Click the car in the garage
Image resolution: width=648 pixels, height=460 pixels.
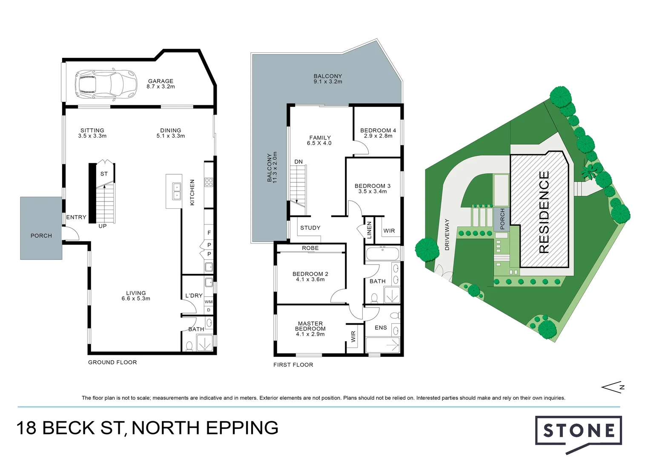[106, 83]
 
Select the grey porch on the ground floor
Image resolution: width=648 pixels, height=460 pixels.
[41, 228]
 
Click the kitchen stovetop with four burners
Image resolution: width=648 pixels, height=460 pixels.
[209, 182]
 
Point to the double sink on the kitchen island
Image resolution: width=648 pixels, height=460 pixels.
[176, 191]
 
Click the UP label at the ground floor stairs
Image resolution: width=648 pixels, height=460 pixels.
[103, 226]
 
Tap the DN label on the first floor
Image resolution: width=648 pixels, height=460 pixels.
[298, 162]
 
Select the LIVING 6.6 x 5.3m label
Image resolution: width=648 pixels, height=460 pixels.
[136, 296]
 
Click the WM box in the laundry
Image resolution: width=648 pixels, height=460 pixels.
[209, 302]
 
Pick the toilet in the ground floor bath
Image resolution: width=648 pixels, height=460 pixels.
[189, 345]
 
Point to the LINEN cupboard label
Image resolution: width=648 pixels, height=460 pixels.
[369, 230]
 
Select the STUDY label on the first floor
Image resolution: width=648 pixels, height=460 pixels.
[310, 228]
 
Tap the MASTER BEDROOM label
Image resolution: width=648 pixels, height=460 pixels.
[310, 328]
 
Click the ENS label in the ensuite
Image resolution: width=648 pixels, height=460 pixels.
[381, 328]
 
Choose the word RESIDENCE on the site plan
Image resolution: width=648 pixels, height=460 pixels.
[544, 212]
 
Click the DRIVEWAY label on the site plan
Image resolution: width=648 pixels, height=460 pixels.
[447, 235]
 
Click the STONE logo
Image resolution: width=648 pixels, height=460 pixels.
[579, 431]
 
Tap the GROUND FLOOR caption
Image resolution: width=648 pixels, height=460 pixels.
[112, 362]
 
